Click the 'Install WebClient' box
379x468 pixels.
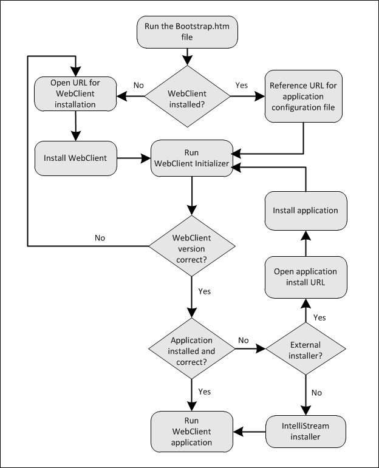pos(75,158)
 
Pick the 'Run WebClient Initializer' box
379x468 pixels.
pos(192,158)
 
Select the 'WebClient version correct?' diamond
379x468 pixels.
pos(192,246)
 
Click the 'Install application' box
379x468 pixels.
pos(305,211)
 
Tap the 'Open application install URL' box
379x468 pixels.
pos(305,277)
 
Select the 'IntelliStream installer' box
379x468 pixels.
pos(305,431)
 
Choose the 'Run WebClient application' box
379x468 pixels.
pos(192,431)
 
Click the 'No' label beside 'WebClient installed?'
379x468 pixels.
pos(138,86)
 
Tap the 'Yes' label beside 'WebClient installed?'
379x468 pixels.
pos(241,86)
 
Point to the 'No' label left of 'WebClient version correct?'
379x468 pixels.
pos(100,238)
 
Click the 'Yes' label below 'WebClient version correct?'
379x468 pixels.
pos(205,291)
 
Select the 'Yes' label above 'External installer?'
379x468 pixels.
pos(319,317)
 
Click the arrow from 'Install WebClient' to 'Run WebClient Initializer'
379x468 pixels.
pos(134,158)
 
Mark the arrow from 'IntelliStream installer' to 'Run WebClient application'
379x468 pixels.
pos(250,431)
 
